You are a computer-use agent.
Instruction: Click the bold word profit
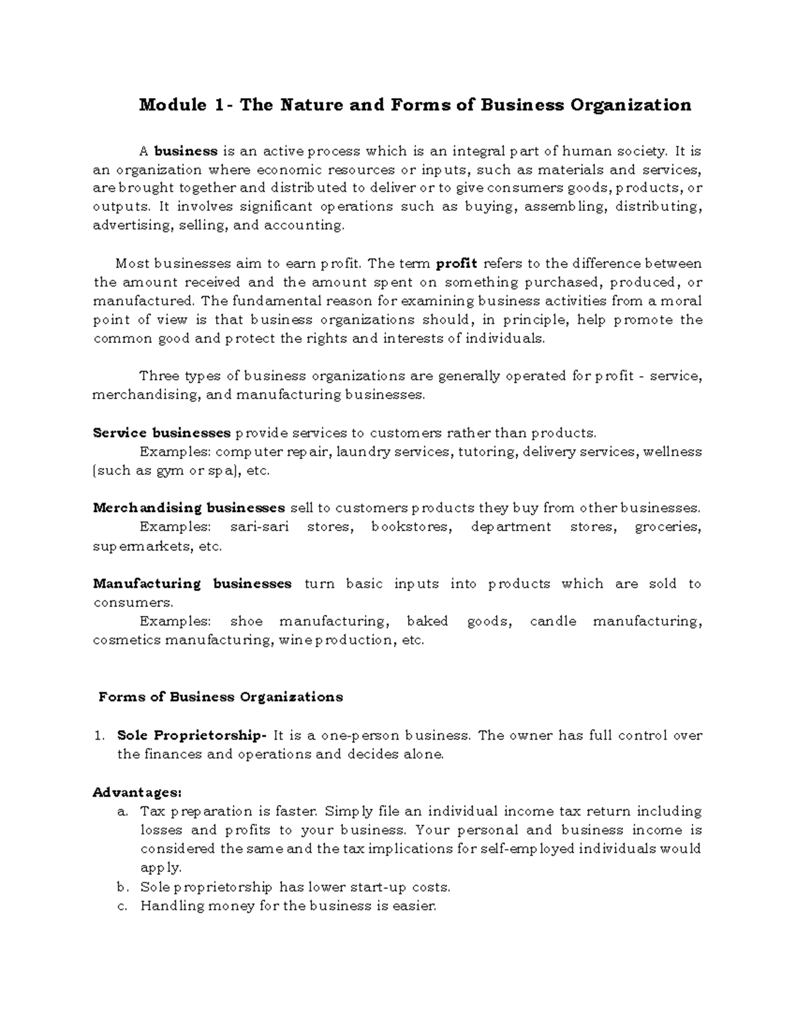pos(456,264)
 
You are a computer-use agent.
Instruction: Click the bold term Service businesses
pos(162,433)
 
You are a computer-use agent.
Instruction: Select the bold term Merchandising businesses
pos(189,508)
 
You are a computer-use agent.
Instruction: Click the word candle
pos(553,621)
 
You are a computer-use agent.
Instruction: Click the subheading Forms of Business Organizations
pos(220,697)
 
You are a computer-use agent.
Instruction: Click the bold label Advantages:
pos(137,792)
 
